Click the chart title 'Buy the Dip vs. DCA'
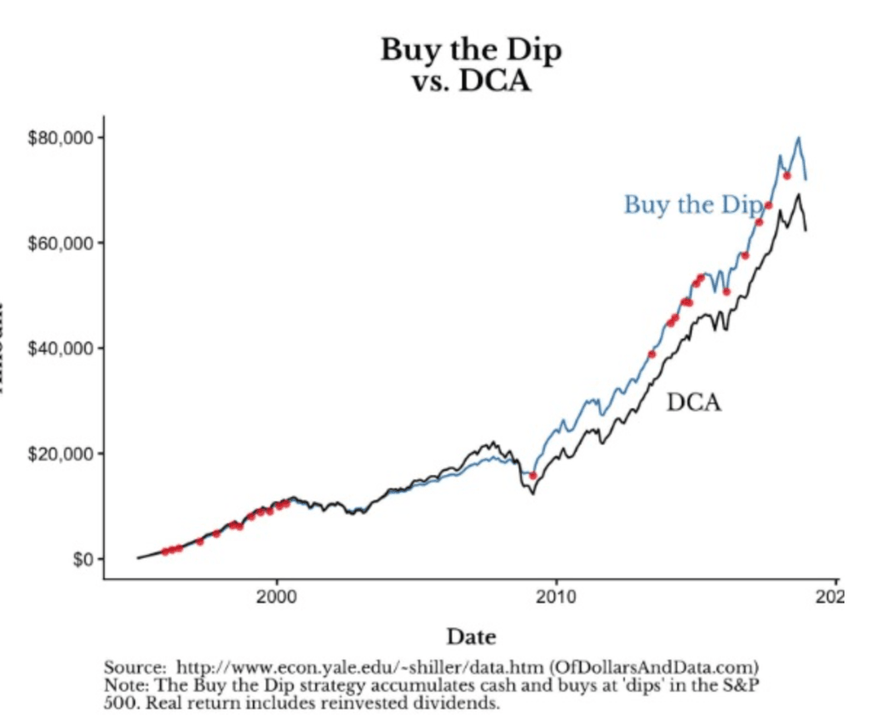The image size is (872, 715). (470, 66)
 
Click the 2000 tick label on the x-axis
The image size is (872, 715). (277, 593)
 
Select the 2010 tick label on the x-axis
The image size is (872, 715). (556, 593)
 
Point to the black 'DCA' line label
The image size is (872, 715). (693, 402)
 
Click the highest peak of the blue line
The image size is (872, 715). (798, 138)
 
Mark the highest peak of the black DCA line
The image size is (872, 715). (798, 195)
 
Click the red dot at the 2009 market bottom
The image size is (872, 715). (533, 476)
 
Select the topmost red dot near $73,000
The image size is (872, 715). (787, 175)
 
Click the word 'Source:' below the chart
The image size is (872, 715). (133, 666)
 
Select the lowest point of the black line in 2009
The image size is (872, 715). (533, 494)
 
